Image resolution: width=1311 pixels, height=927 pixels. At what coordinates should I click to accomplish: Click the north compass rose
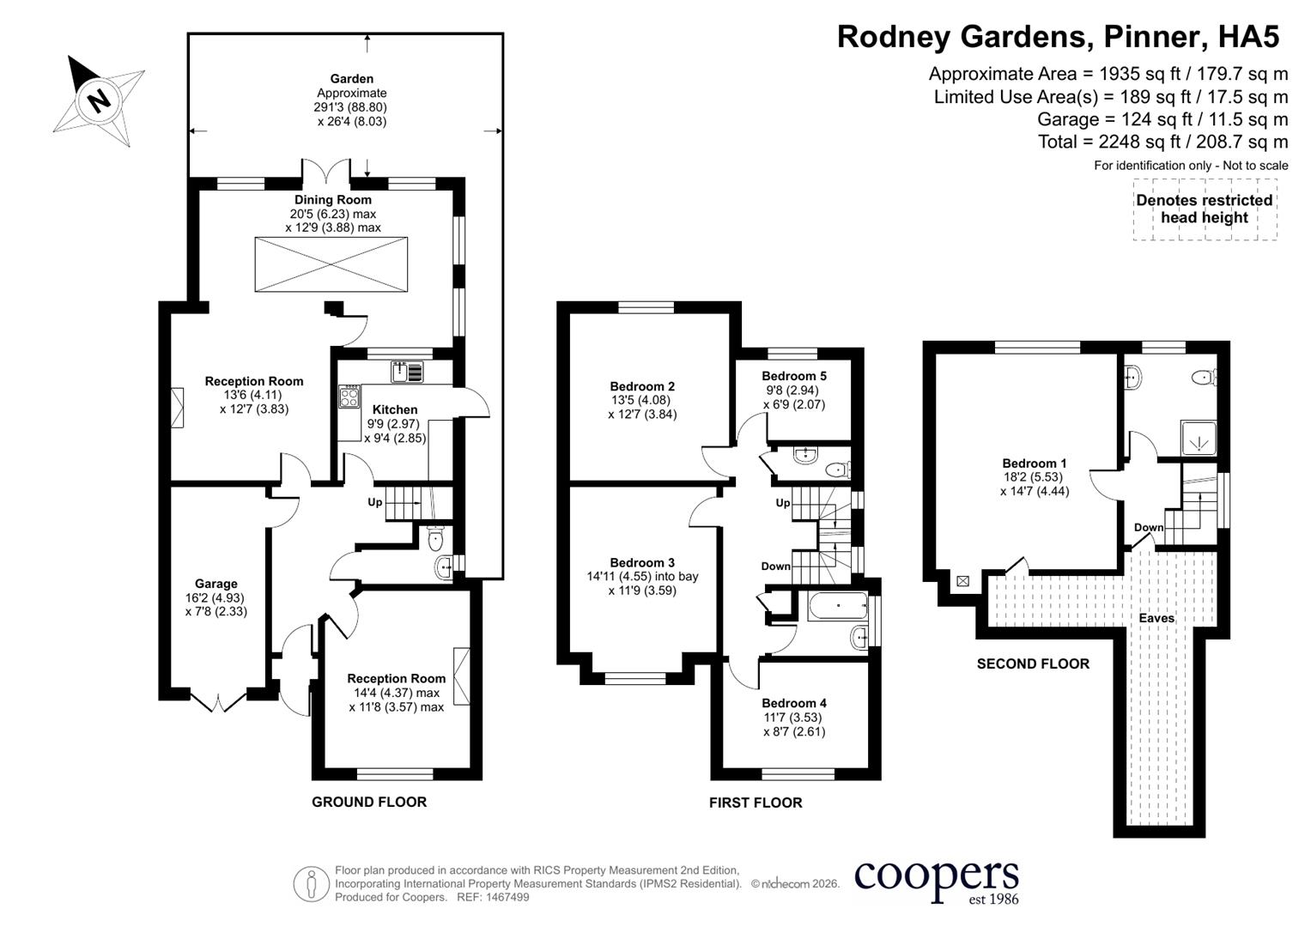[99, 100]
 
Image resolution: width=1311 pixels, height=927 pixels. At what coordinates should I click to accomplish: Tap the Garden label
[351, 78]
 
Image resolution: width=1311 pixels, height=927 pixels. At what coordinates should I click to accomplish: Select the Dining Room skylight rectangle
[331, 264]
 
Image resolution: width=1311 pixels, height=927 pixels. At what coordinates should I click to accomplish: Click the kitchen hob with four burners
[349, 397]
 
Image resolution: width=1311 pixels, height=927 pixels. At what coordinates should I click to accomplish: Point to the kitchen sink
[407, 373]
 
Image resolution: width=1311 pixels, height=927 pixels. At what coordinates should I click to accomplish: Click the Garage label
[216, 584]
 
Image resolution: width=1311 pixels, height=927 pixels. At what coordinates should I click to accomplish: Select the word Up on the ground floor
[374, 502]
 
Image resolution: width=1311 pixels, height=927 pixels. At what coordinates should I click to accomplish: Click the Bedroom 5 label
[793, 376]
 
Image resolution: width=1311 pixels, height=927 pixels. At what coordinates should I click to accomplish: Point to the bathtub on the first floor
[838, 605]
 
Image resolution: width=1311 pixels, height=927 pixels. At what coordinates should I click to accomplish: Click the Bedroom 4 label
[793, 703]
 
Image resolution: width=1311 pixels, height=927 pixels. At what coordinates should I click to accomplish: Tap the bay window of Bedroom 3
[635, 678]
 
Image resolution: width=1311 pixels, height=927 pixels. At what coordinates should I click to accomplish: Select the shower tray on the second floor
[1199, 437]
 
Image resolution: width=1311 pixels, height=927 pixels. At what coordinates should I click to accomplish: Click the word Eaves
[1156, 618]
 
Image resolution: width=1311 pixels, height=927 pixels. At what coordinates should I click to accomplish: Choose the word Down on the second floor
[1149, 527]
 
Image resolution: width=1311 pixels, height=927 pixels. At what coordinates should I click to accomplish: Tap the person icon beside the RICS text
[311, 883]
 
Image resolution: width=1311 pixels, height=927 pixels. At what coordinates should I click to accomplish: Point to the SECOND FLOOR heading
[1033, 663]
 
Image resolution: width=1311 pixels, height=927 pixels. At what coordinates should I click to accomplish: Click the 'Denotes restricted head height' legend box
[1205, 209]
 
